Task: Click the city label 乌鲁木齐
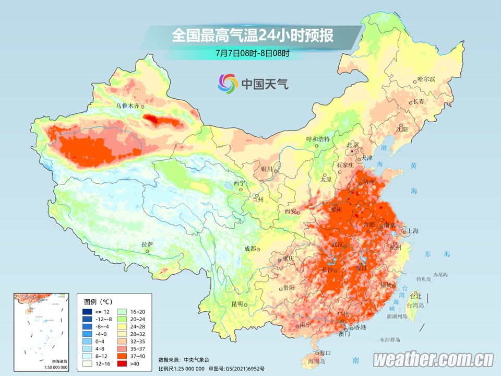[x=128, y=105]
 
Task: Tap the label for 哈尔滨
[x=426, y=79]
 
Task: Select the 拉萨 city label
[x=148, y=244]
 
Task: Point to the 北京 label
[x=353, y=145]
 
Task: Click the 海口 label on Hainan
[x=325, y=354]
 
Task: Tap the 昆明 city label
[x=237, y=304]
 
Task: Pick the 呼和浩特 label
[x=317, y=139]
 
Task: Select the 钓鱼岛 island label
[x=423, y=279]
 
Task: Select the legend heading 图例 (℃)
[x=99, y=301]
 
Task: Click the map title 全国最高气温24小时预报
[x=253, y=36]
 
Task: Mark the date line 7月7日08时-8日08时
[x=252, y=53]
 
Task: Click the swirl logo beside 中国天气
[x=228, y=83]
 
